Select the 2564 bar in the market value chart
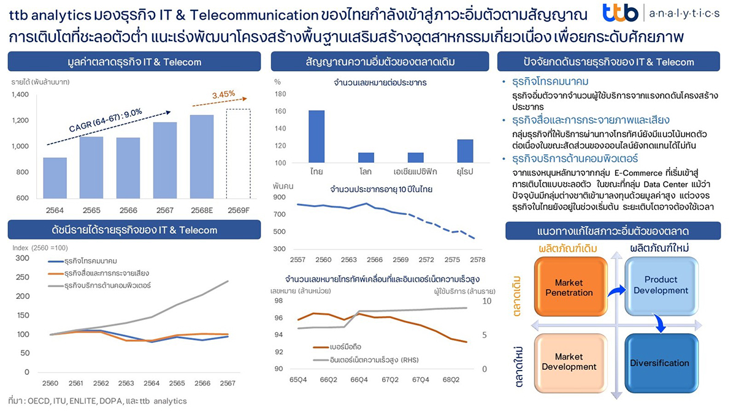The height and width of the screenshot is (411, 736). point(55,178)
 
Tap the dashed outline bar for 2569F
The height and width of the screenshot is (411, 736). point(237,153)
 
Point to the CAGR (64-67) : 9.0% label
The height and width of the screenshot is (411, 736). point(105,120)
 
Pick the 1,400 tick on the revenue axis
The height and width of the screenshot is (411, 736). point(20,94)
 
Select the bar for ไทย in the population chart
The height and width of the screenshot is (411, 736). point(316,137)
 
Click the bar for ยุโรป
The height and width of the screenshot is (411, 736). point(465,151)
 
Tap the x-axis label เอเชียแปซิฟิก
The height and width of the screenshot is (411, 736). point(416,172)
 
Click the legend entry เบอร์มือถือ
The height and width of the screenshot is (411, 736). point(335,347)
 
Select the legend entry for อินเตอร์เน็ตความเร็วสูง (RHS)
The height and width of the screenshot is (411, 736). point(366,360)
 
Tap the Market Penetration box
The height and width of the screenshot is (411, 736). point(569,287)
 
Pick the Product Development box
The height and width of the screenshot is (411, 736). point(661,285)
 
